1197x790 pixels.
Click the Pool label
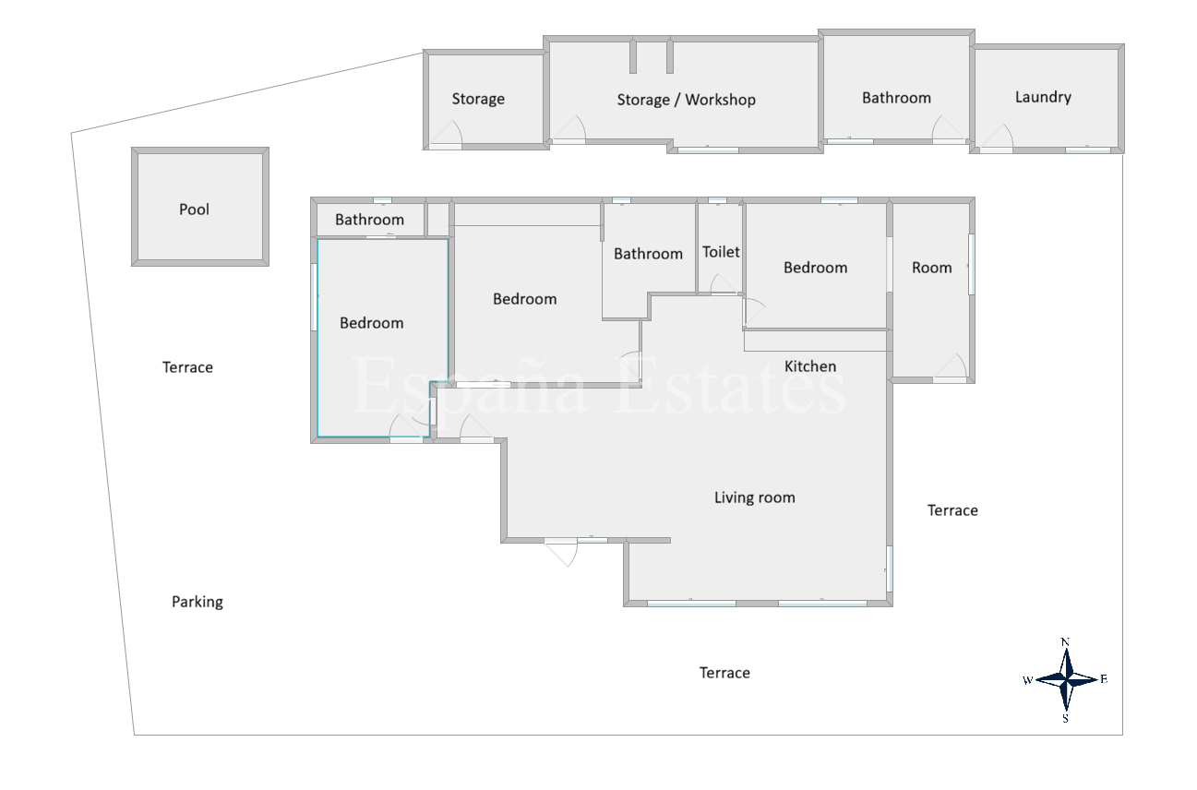coord(194,209)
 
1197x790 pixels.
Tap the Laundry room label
coord(1043,97)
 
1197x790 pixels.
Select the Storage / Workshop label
coord(686,100)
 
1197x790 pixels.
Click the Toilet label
coord(721,252)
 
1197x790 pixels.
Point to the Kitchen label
coord(810,366)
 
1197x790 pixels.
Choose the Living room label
coord(755,497)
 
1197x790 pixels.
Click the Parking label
coord(198,602)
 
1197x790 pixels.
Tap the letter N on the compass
coord(1065,642)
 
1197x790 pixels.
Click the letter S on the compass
coord(1066,718)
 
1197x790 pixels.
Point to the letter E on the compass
coord(1104,679)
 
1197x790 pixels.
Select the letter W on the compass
coord(1027,680)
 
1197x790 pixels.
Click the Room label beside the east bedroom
coord(932,268)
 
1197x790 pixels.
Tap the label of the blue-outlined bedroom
coord(371,323)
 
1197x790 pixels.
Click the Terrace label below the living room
coord(724,673)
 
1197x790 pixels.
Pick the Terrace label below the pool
coord(187,367)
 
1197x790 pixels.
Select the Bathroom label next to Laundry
coord(896,98)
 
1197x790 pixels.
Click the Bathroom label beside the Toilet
coord(648,254)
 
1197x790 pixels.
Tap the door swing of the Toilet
coord(722,282)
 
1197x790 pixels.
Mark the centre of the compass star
coord(1066,680)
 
